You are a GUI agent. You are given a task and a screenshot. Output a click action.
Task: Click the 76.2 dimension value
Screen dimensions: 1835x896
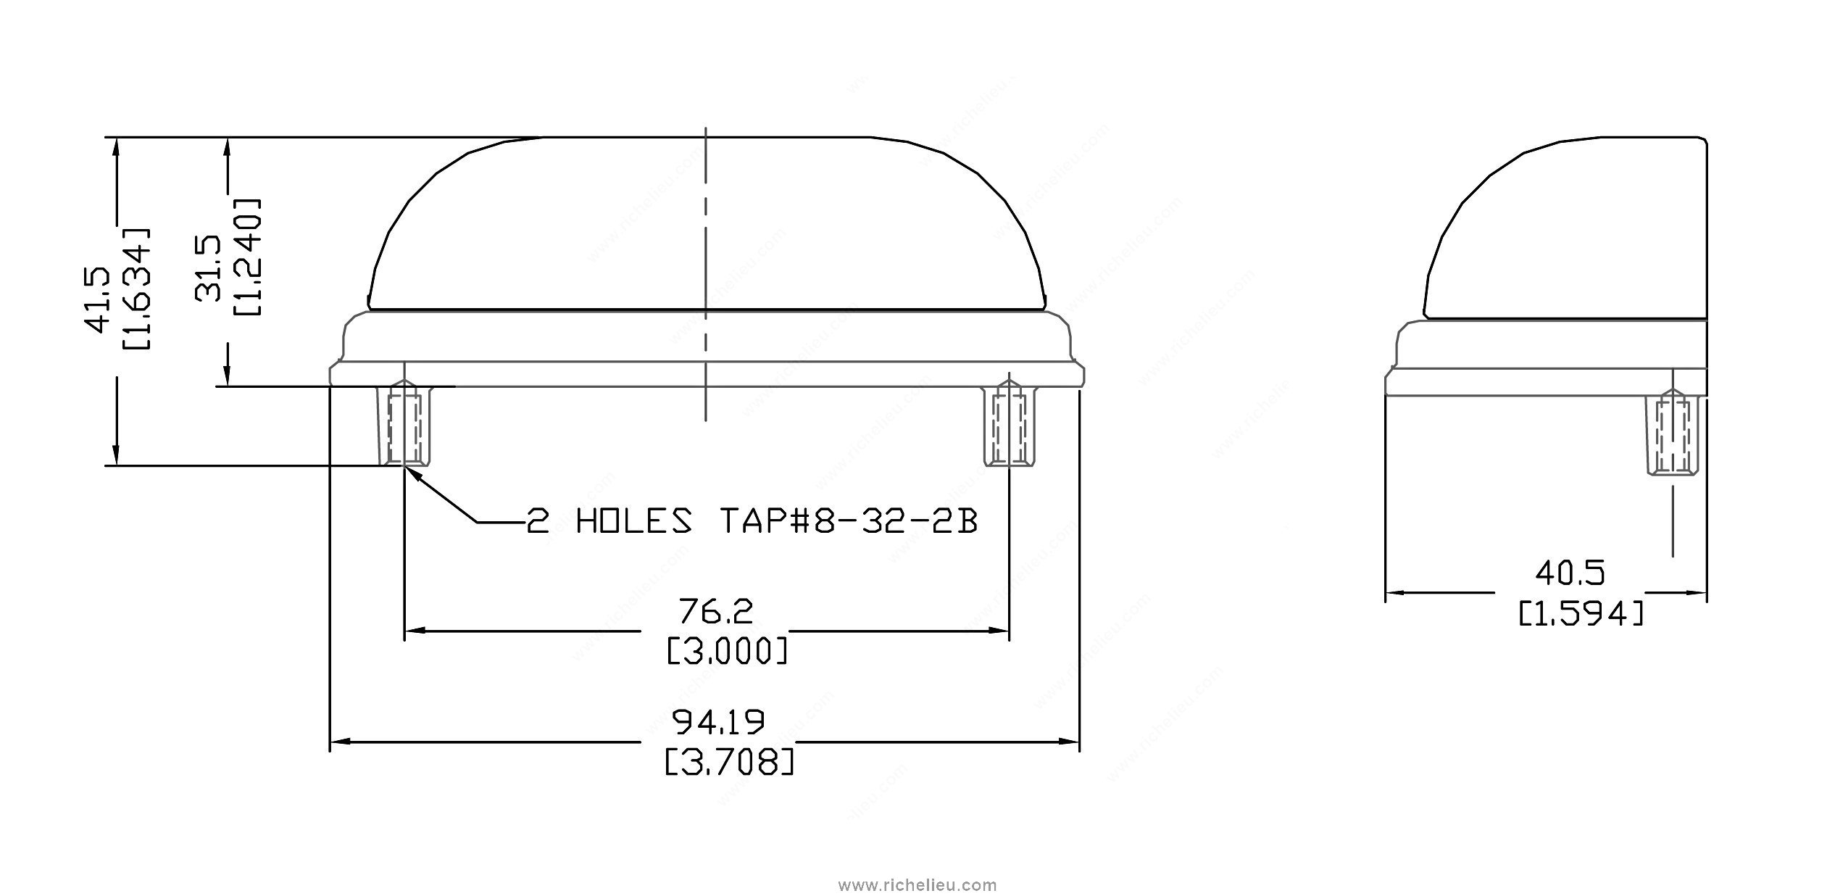[x=715, y=611]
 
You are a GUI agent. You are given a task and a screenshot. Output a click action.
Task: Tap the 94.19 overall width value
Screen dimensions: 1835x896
[x=719, y=721]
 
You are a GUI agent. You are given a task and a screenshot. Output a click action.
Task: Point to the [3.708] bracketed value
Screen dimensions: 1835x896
[x=729, y=762]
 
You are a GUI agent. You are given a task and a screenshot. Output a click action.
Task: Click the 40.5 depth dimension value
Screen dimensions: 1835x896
[x=1570, y=574]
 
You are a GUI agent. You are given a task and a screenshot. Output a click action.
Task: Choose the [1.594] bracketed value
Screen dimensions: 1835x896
[x=1581, y=615]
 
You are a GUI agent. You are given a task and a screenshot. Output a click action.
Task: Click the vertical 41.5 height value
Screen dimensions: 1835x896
[x=98, y=299]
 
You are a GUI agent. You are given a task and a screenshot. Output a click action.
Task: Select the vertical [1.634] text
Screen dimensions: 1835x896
[x=138, y=289]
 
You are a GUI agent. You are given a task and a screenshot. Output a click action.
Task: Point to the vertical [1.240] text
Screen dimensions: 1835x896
[x=248, y=256]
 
